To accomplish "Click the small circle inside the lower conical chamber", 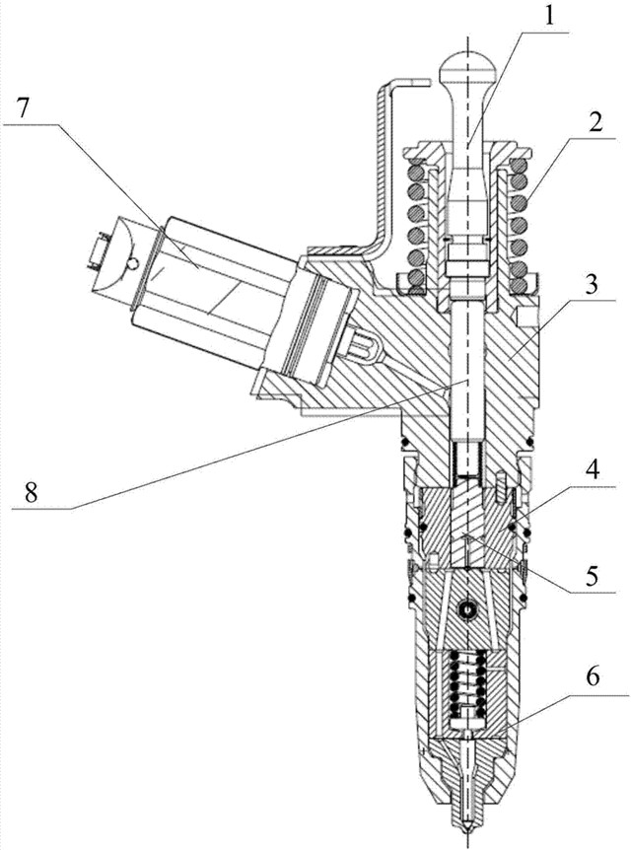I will point(468,613).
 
